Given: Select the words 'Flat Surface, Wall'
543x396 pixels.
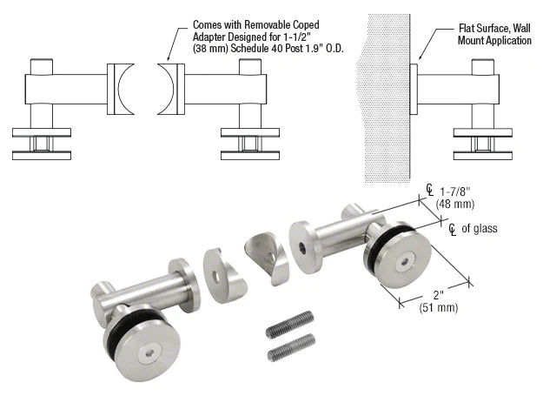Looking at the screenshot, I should tap(495, 28).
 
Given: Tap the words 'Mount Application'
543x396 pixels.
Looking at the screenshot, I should tap(494, 41).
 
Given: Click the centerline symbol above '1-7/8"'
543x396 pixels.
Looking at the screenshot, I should tap(428, 188).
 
